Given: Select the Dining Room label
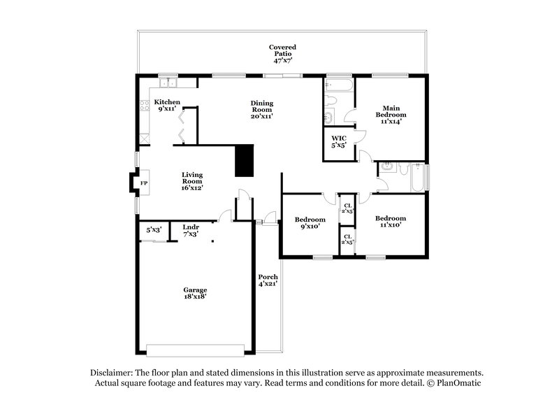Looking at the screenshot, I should (x=262, y=109).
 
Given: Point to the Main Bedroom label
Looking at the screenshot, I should (x=391, y=114).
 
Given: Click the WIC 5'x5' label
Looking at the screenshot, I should (x=340, y=142).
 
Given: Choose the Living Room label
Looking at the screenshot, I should (x=192, y=181).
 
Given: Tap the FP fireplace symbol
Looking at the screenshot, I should (x=144, y=183).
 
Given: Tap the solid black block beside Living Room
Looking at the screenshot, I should (x=244, y=161).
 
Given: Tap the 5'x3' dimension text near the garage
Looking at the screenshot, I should (x=153, y=229).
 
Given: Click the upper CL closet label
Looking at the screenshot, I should (x=347, y=208).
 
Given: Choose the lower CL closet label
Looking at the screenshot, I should (x=347, y=238).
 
